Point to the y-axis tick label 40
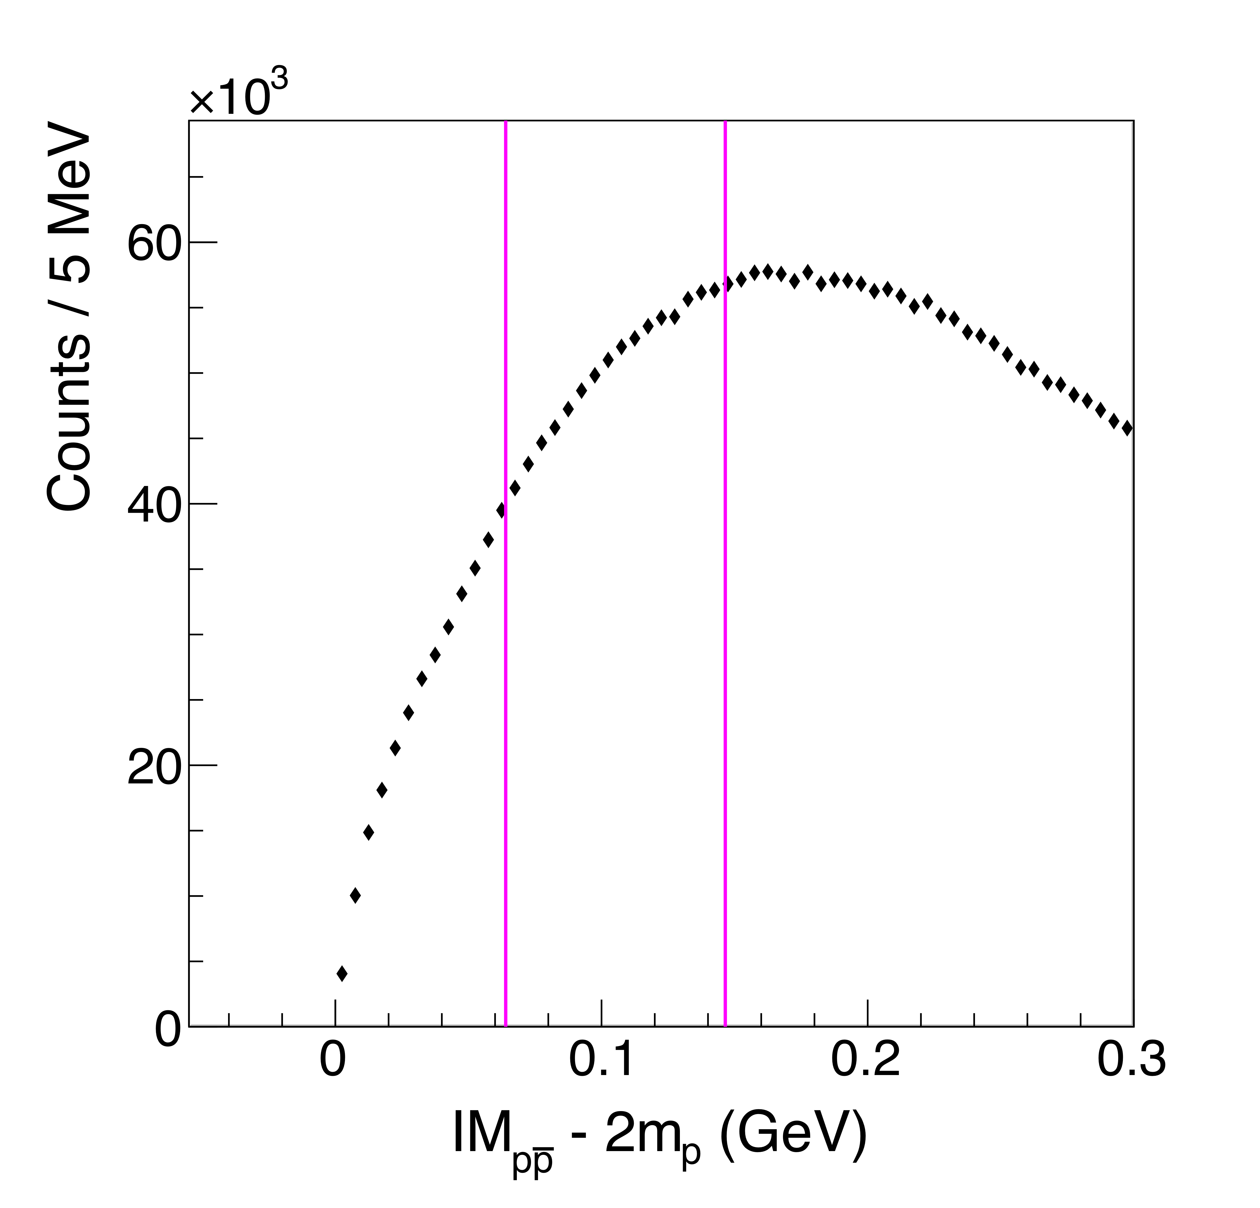pos(153,505)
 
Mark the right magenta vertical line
pos(725,578)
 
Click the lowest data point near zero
pos(342,974)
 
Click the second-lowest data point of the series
pos(355,896)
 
